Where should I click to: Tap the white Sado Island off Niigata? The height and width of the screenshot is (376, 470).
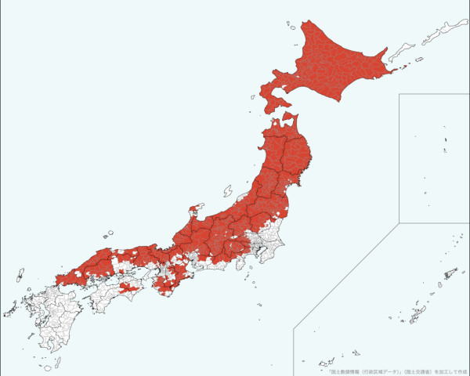(x=228, y=191)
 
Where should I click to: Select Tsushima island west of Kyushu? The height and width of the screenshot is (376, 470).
(x=19, y=275)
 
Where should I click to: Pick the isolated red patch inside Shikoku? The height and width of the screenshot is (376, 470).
(x=132, y=287)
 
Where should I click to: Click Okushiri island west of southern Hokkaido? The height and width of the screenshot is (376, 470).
(x=253, y=98)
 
